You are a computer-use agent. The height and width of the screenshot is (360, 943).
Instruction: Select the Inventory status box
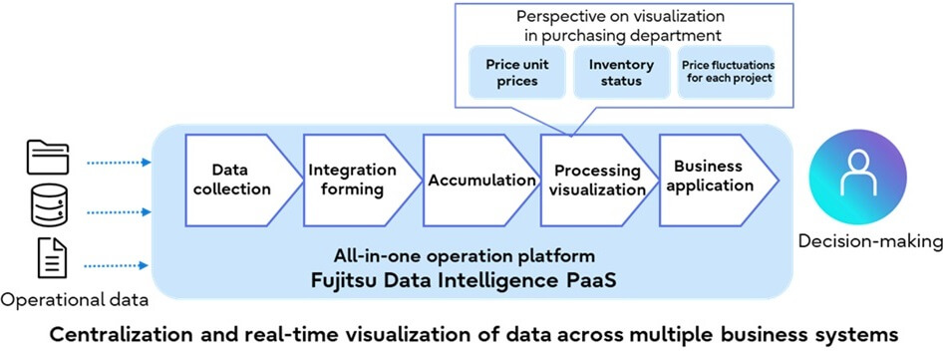coord(621,73)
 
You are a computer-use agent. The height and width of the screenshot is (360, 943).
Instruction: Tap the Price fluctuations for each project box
coord(728,73)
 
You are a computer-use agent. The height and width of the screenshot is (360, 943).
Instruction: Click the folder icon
coord(48,159)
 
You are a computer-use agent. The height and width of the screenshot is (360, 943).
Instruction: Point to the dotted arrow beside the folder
coord(117,160)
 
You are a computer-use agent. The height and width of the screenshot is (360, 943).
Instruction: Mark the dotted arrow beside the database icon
coord(117,212)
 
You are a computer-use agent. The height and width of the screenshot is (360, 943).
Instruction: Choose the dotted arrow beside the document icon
coord(117,264)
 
